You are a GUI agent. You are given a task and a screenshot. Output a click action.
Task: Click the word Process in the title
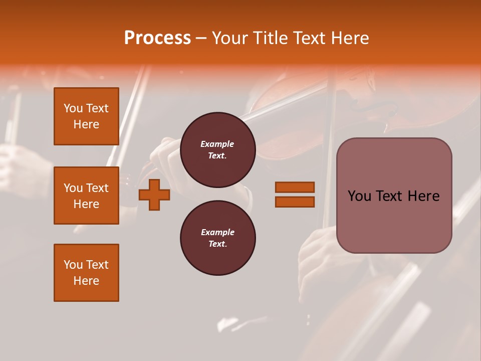pos(157,38)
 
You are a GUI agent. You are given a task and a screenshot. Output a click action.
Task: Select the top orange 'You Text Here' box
pos(86,116)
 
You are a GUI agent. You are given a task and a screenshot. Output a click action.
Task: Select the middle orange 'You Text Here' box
pos(86,196)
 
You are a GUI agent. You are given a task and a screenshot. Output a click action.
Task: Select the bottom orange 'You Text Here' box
pos(86,272)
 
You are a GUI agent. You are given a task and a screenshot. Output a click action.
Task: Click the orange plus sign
pos(154,195)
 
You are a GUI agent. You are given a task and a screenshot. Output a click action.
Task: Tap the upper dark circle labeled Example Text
pos(217,149)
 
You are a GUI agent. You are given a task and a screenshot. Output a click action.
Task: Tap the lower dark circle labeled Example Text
pos(217,238)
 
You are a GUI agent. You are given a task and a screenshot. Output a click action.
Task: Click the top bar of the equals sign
pos(295,188)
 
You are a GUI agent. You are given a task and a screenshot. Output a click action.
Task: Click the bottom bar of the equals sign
pos(295,202)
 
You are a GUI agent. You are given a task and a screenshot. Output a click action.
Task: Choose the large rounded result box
pos(394,196)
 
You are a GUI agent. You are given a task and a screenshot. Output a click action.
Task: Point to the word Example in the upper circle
pos(217,144)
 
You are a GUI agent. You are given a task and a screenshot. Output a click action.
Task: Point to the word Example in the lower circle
pos(217,232)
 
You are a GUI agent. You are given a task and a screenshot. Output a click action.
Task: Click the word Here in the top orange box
pos(86,124)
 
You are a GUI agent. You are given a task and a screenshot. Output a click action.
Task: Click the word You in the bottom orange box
pos(73,265)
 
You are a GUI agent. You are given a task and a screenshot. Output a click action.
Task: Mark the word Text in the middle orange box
pos(97,188)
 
